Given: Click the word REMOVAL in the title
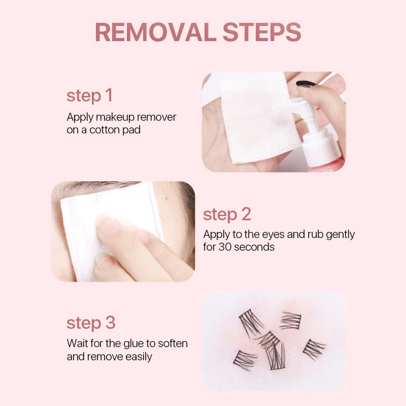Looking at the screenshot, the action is click(x=156, y=32).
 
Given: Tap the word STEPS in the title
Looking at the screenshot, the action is click(x=262, y=32).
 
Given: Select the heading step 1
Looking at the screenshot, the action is click(x=90, y=95).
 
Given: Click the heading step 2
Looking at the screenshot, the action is click(x=227, y=214).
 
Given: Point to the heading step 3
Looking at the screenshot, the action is click(x=91, y=323).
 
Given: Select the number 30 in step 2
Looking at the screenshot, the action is click(x=225, y=247).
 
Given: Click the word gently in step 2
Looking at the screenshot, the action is click(x=340, y=234).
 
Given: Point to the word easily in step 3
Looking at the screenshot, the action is click(x=139, y=357).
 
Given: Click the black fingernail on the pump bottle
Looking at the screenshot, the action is click(x=306, y=84).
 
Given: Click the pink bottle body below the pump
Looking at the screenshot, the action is click(x=327, y=166).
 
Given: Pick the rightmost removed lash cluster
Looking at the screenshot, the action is click(x=314, y=350).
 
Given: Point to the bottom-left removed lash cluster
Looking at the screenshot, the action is click(x=245, y=360).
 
